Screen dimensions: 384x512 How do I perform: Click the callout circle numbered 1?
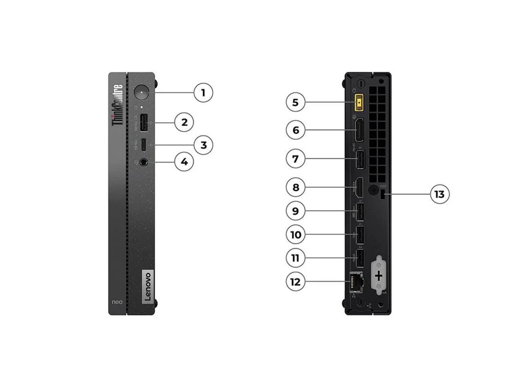[203, 93]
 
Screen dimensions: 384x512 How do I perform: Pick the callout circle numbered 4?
[184, 162]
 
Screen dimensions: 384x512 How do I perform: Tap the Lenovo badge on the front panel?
[147, 287]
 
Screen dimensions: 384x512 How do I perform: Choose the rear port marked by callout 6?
[360, 129]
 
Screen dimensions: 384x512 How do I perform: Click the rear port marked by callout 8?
[360, 187]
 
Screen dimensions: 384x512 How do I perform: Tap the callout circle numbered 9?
[295, 211]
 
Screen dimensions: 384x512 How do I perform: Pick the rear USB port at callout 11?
[360, 258]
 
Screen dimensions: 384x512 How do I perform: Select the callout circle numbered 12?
[295, 282]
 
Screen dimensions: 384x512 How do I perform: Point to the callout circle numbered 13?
[439, 194]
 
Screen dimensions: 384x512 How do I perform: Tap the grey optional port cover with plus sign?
[379, 275]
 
